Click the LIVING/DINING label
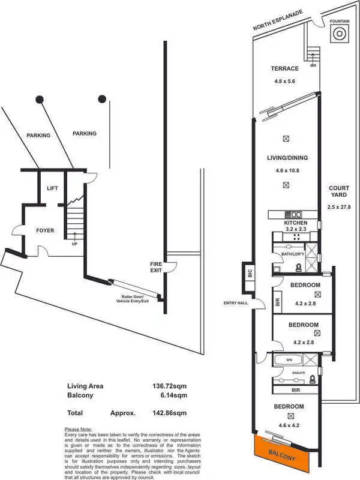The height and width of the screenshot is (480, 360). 287,158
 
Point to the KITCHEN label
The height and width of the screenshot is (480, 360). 296,223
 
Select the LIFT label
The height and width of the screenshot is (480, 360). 52,189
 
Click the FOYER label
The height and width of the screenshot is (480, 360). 45,230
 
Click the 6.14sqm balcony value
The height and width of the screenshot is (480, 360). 174,395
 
